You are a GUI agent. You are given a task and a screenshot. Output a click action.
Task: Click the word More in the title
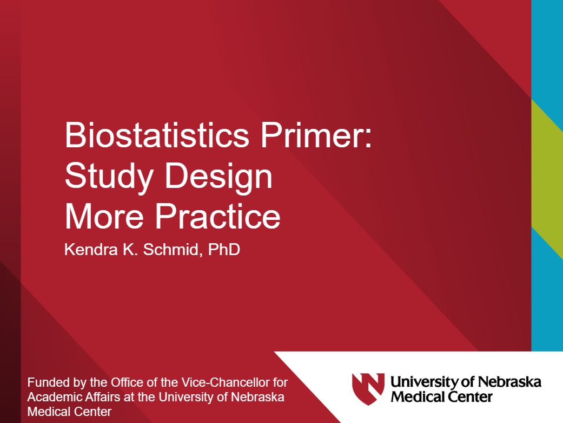pos(105,216)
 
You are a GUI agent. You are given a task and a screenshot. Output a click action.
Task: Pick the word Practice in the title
pos(218,216)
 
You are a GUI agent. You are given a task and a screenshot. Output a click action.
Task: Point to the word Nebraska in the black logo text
pos(511,382)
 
